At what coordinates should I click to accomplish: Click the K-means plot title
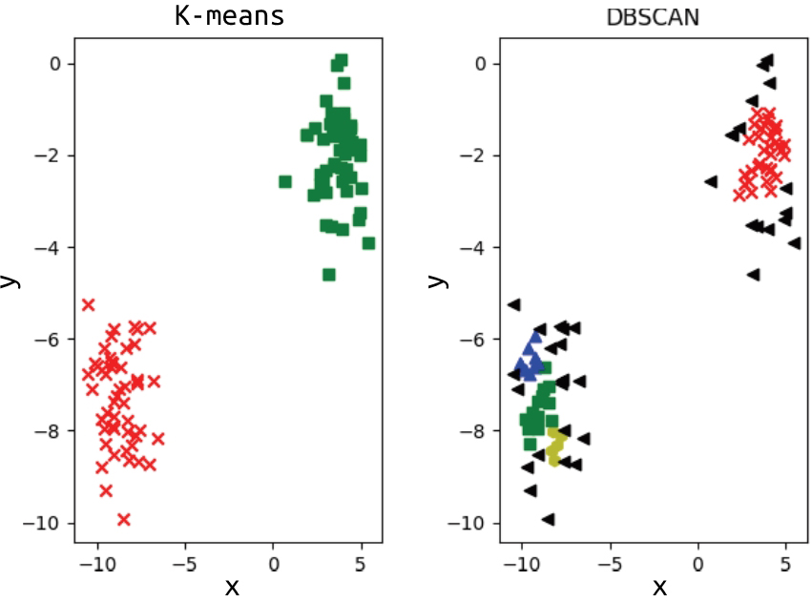pos(229,16)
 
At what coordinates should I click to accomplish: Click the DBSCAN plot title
pos(653,16)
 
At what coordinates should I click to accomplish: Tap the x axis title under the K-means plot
pos(231,585)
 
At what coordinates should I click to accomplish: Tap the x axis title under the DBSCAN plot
pos(657,585)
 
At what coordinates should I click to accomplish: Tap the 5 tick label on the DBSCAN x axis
pos(786,562)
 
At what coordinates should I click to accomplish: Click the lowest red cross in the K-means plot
pos(123,520)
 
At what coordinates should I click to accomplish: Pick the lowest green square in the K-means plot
pos(329,275)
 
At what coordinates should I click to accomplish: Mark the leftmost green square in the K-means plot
pos(284,181)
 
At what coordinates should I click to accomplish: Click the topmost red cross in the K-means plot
pos(89,304)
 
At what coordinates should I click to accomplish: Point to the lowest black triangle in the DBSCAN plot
pos(548,520)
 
